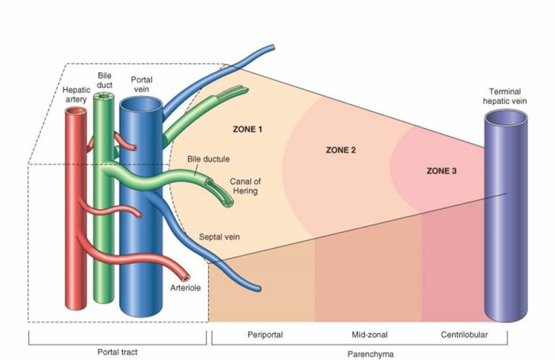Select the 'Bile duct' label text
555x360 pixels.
(105, 80)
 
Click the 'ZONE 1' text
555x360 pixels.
(247, 129)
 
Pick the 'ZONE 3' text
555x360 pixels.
(442, 171)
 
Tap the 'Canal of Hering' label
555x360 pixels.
(246, 186)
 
